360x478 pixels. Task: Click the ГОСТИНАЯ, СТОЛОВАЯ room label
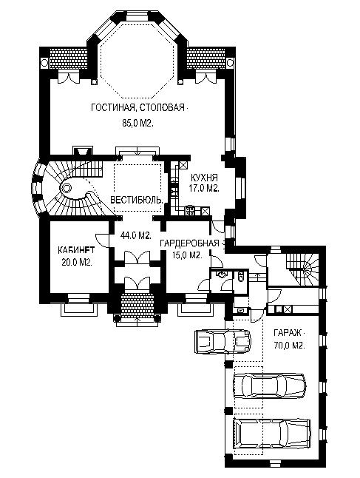click(138, 107)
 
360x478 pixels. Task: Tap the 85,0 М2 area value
click(137, 124)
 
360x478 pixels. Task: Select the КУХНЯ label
click(204, 178)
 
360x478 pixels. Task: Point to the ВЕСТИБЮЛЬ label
click(137, 200)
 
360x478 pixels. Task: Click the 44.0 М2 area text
click(136, 235)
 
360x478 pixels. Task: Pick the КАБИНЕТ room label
click(76, 250)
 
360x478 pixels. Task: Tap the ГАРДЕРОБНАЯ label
click(189, 243)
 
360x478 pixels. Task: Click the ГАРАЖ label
click(288, 332)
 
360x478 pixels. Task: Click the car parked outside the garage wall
click(223, 341)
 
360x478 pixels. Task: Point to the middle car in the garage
click(269, 386)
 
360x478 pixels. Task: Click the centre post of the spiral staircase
click(66, 189)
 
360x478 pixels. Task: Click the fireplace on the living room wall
click(82, 151)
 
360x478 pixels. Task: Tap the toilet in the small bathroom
click(240, 277)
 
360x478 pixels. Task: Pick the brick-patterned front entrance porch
click(136, 306)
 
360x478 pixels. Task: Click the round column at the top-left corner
click(44, 63)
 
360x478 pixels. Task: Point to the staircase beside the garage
click(302, 269)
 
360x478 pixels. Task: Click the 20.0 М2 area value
click(77, 263)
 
